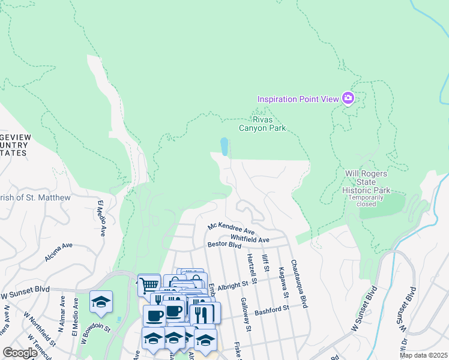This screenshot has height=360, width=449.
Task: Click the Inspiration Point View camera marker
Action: point(348,98)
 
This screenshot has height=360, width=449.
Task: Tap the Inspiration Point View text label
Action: point(298,99)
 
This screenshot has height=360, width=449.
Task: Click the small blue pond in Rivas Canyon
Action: point(224,146)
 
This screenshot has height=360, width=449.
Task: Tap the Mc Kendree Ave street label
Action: point(231,229)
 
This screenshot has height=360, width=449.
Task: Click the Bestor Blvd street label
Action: point(224,245)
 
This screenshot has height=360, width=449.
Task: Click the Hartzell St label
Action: point(251,268)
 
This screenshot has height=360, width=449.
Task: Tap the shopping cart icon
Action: point(148,284)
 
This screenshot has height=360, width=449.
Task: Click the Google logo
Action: point(20,353)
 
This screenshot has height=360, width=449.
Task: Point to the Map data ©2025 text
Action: point(423,355)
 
